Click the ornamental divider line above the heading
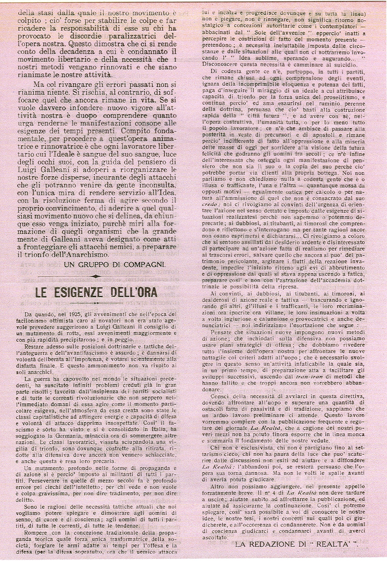pyautogui.click(x=97, y=276)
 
